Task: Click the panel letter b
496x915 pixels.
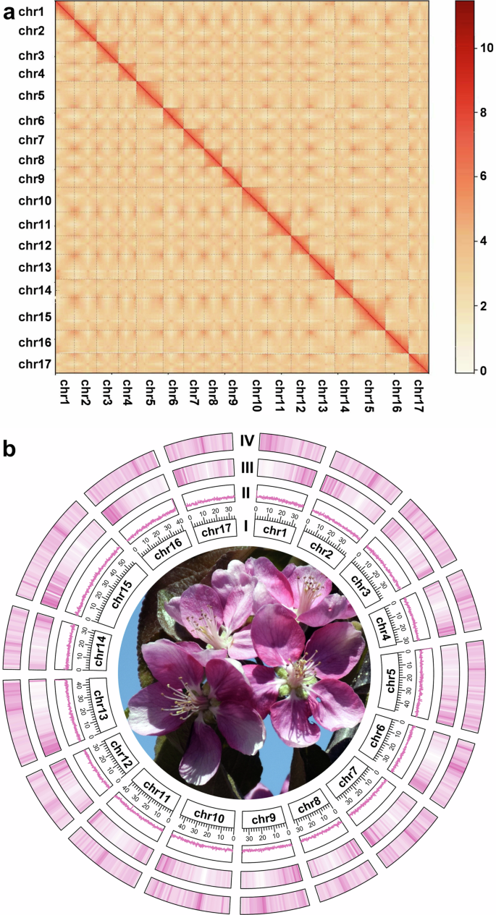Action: pos(12,449)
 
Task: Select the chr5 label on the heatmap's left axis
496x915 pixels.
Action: pos(31,95)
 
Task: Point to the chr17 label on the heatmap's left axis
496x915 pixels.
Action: pos(34,364)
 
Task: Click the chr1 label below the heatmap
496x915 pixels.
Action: pos(62,394)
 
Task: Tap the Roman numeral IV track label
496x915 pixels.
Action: pos(247,440)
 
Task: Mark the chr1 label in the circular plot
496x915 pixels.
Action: pos(279,532)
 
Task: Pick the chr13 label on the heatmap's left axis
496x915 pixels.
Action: pos(34,268)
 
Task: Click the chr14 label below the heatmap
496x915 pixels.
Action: pos(344,394)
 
